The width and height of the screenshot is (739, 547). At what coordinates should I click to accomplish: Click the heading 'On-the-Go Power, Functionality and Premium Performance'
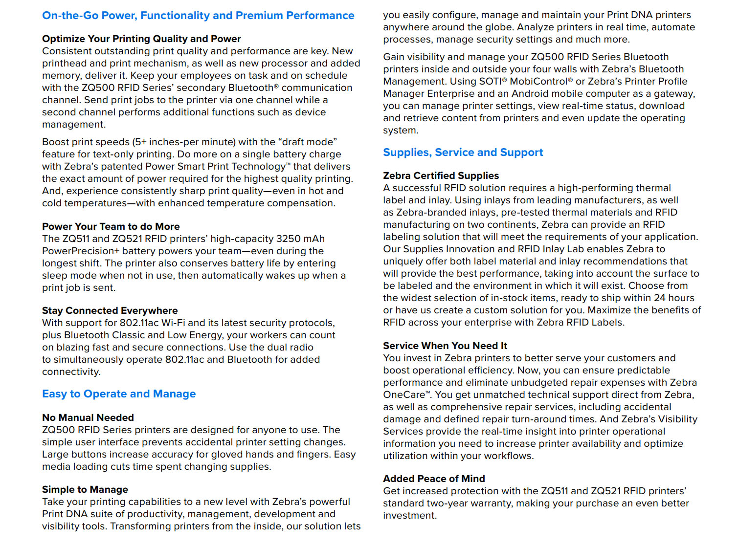pos(198,16)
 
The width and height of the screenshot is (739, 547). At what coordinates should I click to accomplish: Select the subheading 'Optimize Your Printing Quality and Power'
pos(141,39)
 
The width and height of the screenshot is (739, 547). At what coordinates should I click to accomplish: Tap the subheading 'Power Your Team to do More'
pos(111,226)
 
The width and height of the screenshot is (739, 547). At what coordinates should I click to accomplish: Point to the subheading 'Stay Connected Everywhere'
pos(110,310)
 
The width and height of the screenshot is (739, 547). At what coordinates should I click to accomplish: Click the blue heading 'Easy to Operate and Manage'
pos(119,394)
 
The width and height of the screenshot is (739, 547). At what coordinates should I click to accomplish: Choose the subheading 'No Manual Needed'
pos(88,417)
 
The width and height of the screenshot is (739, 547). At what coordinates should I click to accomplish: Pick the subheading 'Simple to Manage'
pos(85,489)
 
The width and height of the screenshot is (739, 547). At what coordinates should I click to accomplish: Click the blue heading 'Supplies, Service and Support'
pos(463,153)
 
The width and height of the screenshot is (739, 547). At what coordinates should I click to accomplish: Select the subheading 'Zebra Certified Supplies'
pos(441,175)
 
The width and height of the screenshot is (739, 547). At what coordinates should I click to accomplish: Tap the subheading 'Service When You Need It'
pos(445,346)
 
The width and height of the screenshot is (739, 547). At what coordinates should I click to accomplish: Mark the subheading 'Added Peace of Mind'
pos(434,479)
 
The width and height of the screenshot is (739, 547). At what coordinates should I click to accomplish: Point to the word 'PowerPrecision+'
pos(81,251)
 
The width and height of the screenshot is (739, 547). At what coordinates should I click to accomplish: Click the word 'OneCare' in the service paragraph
pos(404,394)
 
